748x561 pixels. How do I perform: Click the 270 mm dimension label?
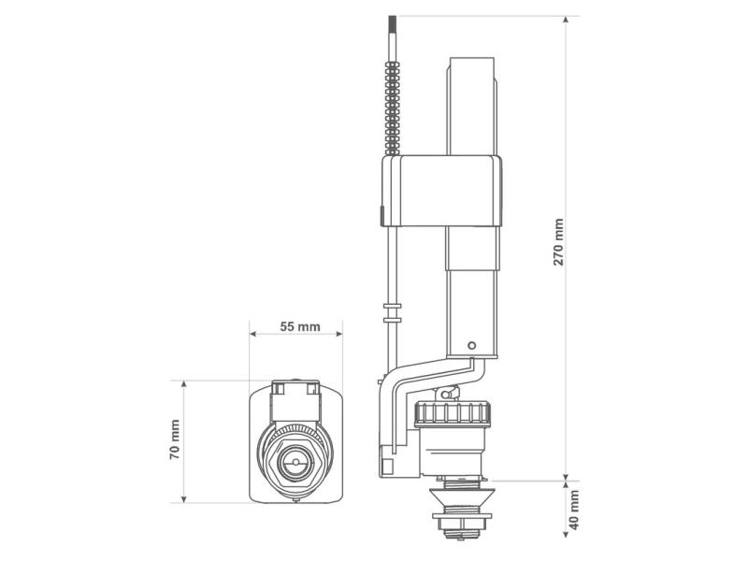(x=558, y=242)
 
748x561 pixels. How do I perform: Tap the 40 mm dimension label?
(x=574, y=510)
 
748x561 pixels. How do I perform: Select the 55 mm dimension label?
(x=300, y=326)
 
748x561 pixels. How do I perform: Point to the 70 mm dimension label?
(x=175, y=439)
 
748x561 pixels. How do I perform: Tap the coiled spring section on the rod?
(x=393, y=108)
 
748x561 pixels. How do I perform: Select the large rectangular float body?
(x=441, y=191)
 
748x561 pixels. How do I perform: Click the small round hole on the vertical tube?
(x=472, y=345)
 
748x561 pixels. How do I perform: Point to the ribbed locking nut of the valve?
(x=452, y=413)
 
